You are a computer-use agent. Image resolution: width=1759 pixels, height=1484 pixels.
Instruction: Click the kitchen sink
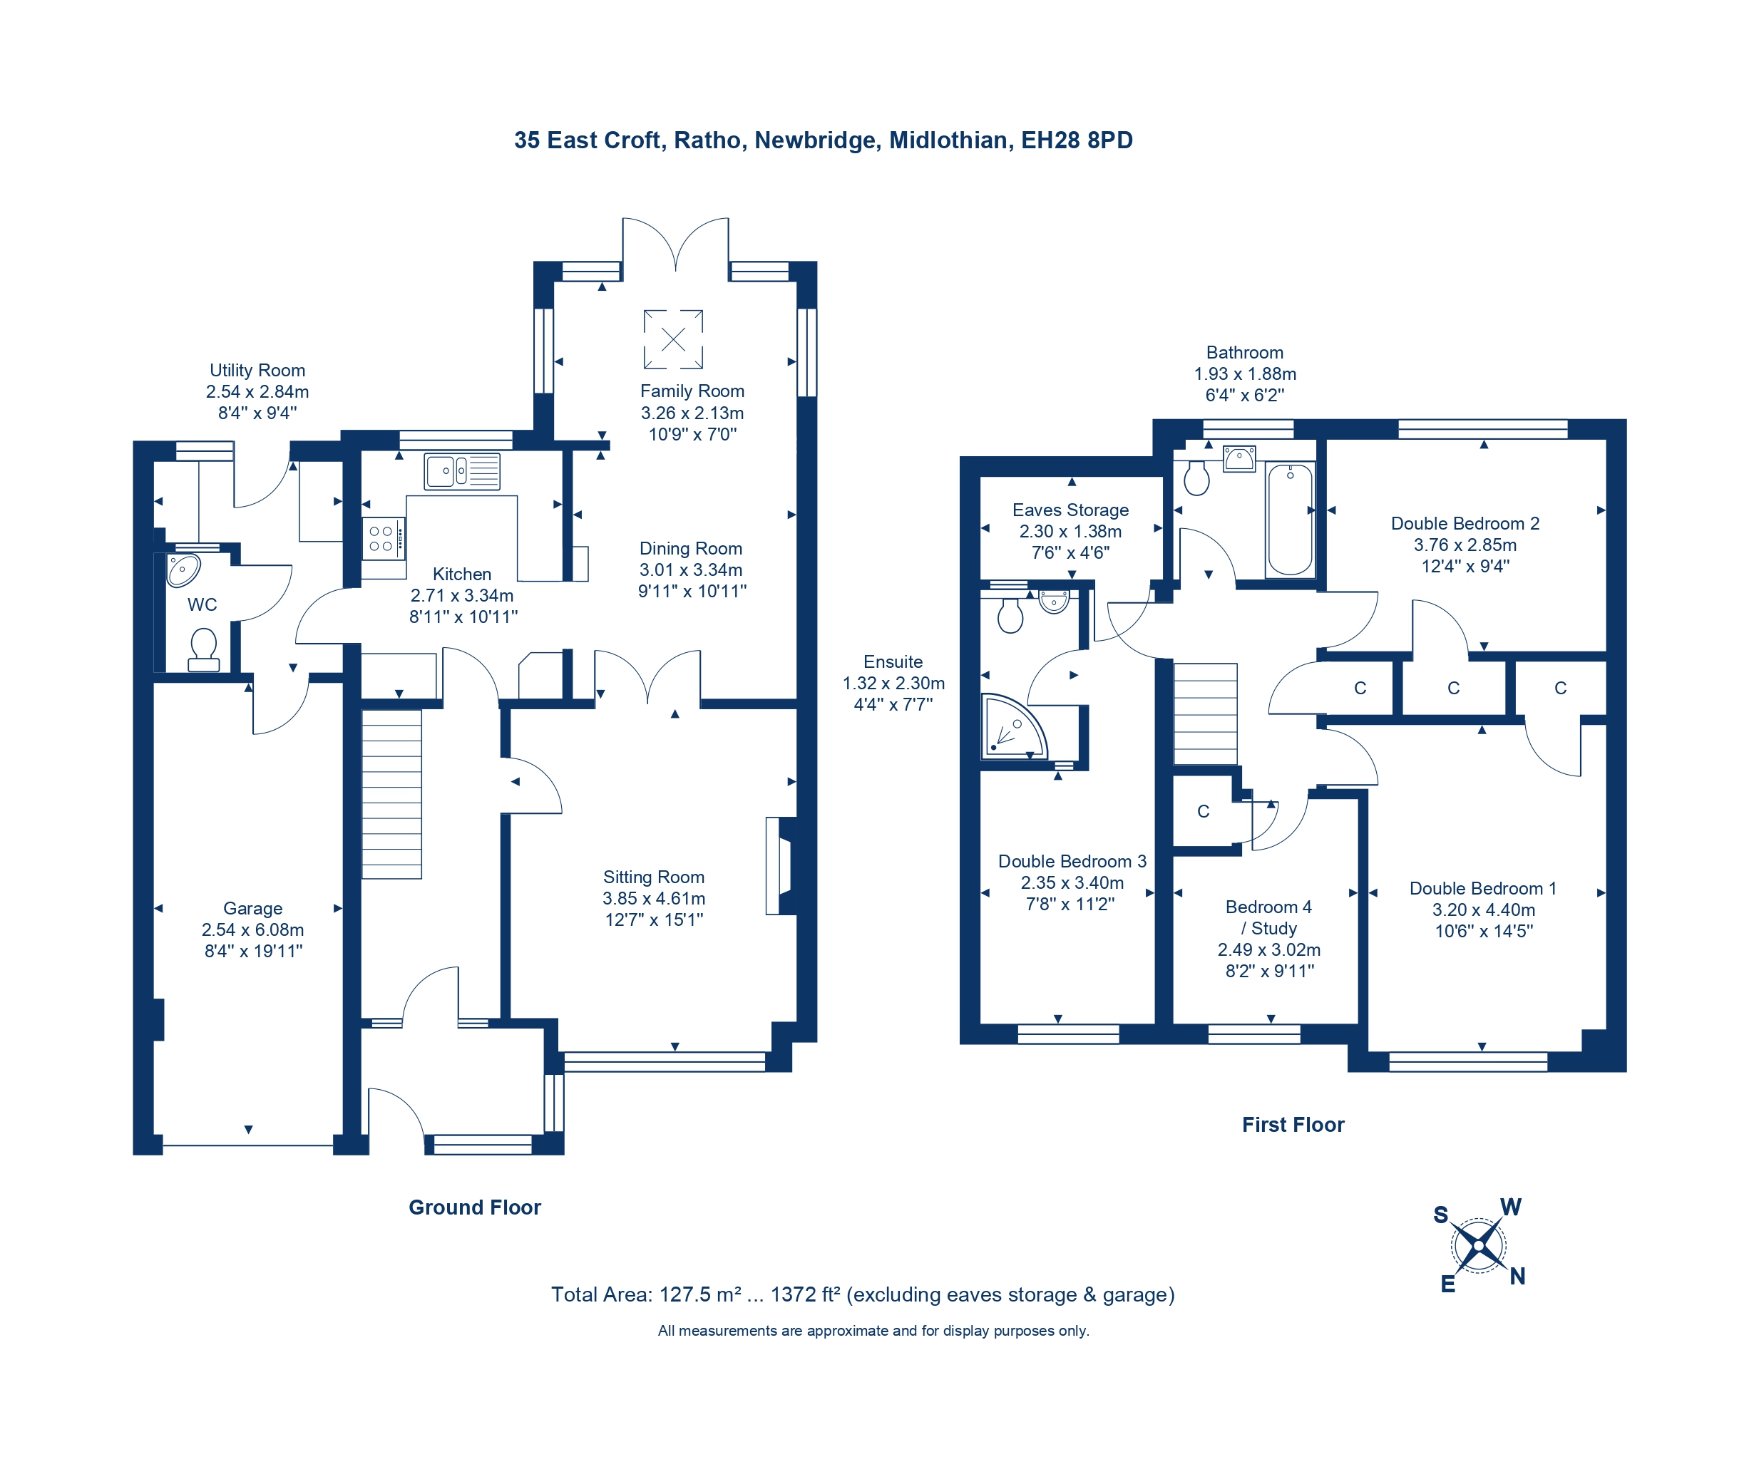462,471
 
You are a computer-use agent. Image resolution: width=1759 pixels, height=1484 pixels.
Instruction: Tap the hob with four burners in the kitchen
384,538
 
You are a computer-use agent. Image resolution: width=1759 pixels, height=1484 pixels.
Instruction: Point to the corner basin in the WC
183,570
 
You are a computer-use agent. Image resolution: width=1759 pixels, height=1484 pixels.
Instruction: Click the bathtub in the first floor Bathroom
1291,519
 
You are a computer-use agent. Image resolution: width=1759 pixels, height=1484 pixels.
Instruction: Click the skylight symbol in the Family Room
673,339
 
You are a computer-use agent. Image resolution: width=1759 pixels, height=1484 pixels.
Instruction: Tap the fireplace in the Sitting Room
780,865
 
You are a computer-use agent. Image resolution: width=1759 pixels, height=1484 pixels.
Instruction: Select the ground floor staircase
391,794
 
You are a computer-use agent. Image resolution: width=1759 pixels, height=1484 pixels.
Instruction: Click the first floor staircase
1205,713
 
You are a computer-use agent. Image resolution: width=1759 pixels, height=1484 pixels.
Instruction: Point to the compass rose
1479,1245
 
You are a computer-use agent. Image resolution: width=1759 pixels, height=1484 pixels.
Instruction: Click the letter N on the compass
1517,1276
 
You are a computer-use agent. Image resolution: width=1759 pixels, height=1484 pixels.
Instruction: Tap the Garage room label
252,909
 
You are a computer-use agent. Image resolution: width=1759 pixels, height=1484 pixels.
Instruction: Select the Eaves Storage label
1070,510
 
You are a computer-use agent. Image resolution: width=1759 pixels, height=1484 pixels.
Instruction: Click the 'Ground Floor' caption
475,1207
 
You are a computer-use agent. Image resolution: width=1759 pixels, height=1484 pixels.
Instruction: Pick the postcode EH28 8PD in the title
1077,140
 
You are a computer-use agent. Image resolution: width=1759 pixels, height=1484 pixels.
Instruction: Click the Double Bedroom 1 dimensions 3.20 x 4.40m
1483,910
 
